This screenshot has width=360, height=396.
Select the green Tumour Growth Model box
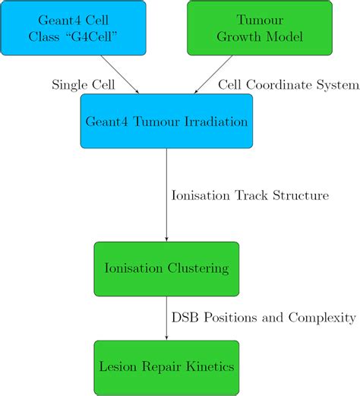point(259,27)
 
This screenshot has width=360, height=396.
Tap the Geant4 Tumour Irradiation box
point(166,121)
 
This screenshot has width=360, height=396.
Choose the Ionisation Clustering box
point(166,268)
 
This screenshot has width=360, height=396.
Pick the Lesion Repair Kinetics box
point(166,366)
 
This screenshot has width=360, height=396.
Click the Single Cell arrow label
point(84,84)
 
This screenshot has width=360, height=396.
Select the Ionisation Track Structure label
point(251,195)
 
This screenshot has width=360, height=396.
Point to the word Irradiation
point(216,121)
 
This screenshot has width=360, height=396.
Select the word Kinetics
point(207,366)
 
